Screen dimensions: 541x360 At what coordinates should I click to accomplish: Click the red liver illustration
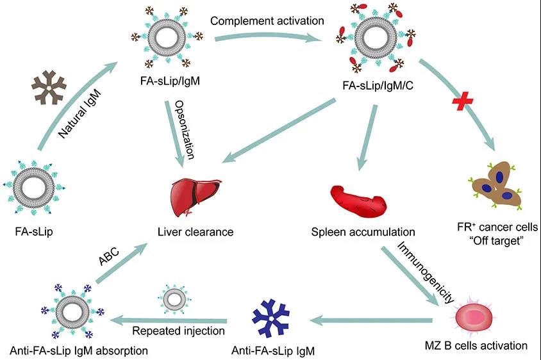tap(195, 197)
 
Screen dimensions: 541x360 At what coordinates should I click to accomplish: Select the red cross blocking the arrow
tap(463, 101)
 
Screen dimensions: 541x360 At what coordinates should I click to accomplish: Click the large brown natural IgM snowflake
tap(49, 88)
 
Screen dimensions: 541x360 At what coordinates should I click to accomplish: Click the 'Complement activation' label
tap(267, 21)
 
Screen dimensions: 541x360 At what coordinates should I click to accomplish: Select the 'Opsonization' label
tap(185, 129)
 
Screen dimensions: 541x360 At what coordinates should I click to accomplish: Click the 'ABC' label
tap(109, 256)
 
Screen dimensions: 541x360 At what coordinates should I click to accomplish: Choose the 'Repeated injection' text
tap(178, 331)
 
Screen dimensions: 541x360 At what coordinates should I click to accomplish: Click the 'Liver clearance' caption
tap(196, 232)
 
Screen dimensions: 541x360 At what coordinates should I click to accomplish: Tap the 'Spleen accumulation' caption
tap(363, 232)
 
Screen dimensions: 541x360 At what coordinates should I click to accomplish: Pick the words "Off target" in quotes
tap(497, 240)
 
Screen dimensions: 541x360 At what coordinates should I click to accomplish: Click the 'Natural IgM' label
tap(79, 113)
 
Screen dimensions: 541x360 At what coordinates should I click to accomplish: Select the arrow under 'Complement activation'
tap(269, 37)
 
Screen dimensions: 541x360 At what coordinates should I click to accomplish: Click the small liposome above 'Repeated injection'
tap(174, 299)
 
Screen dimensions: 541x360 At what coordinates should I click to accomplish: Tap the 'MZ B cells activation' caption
tap(476, 345)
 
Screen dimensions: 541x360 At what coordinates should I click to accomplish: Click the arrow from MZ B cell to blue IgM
tap(371, 321)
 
